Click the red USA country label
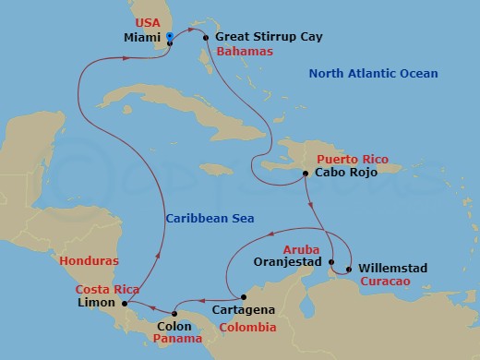148,22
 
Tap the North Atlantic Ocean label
374,74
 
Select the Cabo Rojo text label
347,173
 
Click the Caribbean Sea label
210,219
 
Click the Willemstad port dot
348,270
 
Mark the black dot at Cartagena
243,297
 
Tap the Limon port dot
125,302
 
